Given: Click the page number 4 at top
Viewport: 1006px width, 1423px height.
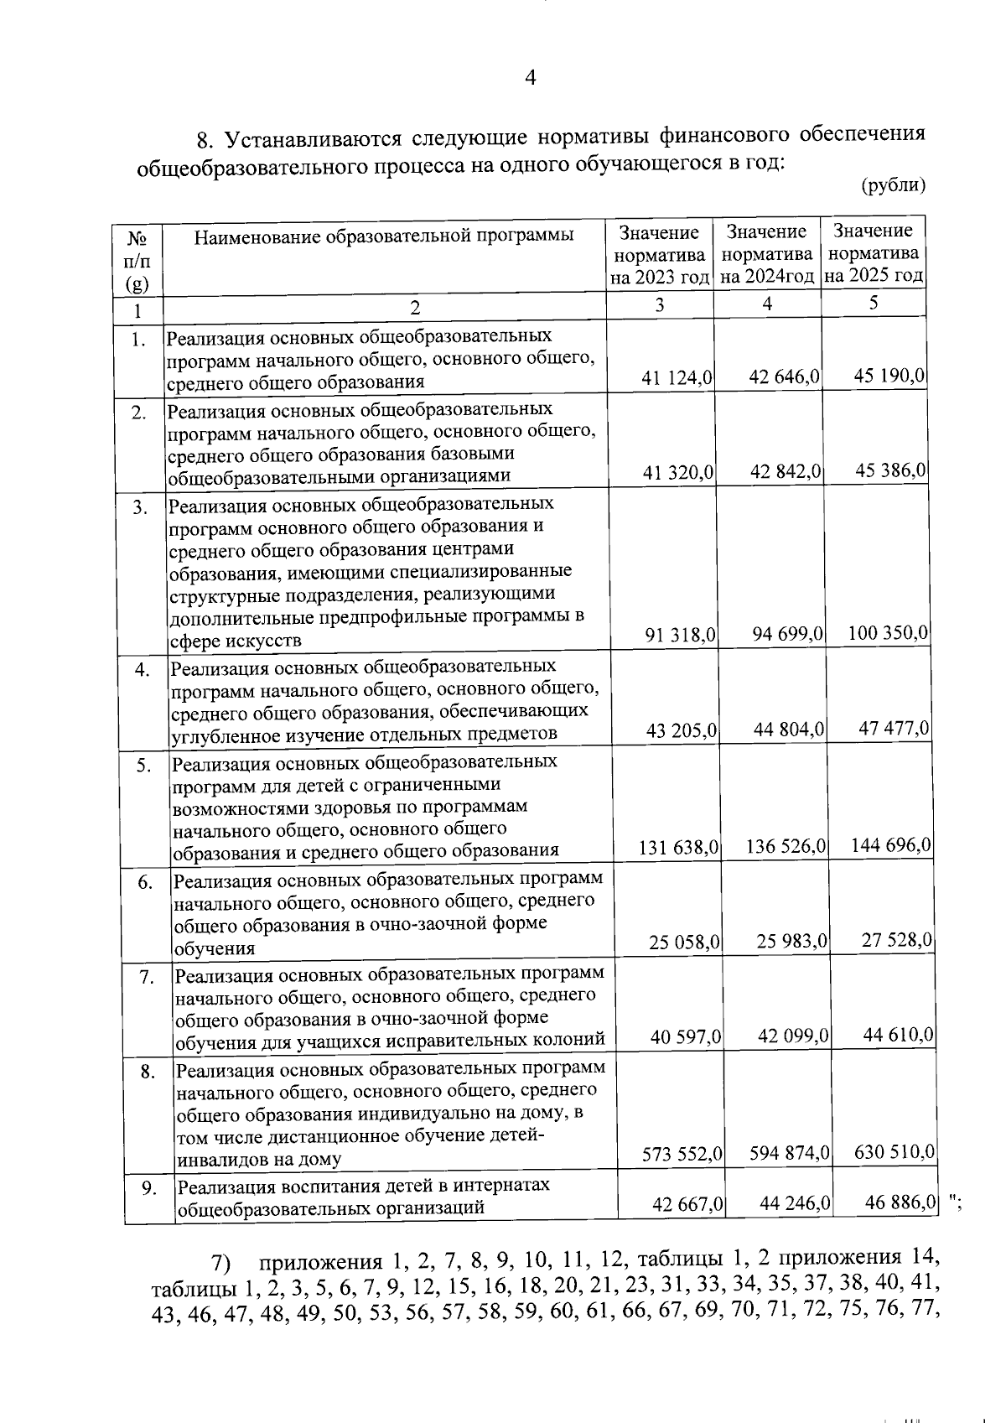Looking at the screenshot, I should pyautogui.click(x=529, y=79).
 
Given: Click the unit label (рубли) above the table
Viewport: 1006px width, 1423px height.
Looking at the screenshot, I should pyautogui.click(x=893, y=185).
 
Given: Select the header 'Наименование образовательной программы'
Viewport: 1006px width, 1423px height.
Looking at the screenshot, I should pyautogui.click(x=384, y=236).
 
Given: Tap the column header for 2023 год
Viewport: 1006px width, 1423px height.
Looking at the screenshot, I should pyautogui.click(x=660, y=254).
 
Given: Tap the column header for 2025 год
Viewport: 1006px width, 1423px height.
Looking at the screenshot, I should pyautogui.click(x=874, y=252).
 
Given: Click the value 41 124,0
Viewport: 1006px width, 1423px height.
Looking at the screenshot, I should pyautogui.click(x=677, y=378).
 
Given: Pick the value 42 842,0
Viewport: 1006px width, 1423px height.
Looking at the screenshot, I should pyautogui.click(x=785, y=472).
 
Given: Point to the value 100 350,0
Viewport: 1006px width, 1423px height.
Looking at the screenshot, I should pyautogui.click(x=888, y=632).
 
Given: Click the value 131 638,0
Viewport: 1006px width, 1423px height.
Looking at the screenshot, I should pyautogui.click(x=678, y=848).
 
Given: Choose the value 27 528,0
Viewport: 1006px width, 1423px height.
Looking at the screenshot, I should pyautogui.click(x=896, y=941).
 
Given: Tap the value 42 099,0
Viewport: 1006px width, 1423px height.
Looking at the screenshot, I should pyautogui.click(x=792, y=1036).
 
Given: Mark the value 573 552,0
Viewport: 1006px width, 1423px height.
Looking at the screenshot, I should pyautogui.click(x=682, y=1155).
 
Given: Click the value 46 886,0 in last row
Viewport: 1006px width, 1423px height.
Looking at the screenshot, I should pyautogui.click(x=900, y=1203).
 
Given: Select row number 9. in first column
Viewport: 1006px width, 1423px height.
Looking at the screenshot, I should pyautogui.click(x=148, y=1187).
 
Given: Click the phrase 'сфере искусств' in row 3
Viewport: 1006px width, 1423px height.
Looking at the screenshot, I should pyautogui.click(x=235, y=641).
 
